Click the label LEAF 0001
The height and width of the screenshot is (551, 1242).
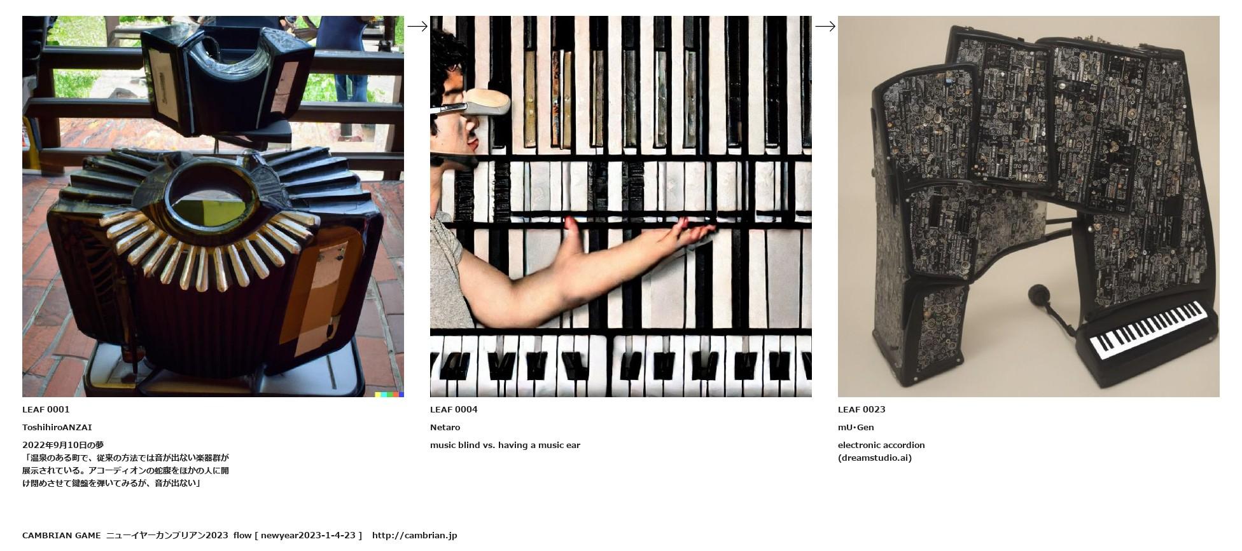tap(46, 409)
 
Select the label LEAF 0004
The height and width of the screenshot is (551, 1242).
tap(454, 409)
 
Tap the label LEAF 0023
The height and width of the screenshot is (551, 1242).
tap(862, 409)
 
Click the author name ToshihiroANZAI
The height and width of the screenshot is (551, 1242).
tap(57, 427)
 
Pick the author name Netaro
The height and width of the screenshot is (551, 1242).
tap(445, 427)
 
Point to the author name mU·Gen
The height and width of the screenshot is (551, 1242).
tap(856, 427)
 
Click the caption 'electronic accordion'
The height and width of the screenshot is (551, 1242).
tap(881, 445)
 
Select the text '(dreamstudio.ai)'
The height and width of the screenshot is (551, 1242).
tap(875, 458)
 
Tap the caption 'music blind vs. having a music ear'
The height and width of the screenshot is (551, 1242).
tap(505, 445)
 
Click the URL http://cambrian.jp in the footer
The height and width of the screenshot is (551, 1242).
tap(415, 535)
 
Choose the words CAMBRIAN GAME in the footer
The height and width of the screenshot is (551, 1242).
tap(61, 535)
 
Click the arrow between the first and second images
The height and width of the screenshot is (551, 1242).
tap(417, 26)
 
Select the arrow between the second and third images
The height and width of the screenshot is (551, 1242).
tap(825, 26)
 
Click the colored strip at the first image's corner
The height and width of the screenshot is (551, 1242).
tap(389, 395)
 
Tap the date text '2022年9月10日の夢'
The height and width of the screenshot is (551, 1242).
tap(63, 445)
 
